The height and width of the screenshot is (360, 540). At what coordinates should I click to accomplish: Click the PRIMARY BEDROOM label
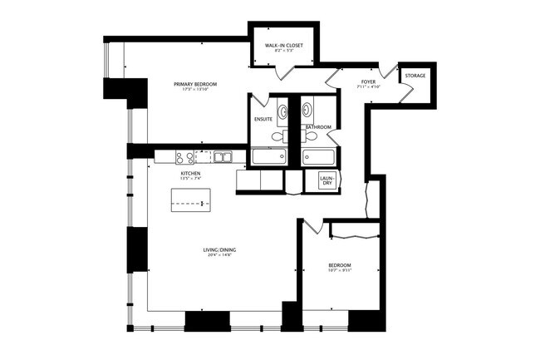click(196, 84)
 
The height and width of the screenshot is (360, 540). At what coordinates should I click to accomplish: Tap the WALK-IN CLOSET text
click(283, 47)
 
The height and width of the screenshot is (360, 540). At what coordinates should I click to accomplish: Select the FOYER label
click(367, 81)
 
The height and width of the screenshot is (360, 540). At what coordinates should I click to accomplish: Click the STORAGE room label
click(415, 76)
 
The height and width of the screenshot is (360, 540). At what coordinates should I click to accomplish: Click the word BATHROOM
click(318, 127)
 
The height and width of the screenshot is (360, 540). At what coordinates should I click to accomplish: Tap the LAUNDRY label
click(326, 180)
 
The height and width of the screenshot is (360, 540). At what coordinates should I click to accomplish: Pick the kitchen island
click(191, 201)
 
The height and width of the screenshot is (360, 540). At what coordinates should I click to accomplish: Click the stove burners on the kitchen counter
click(184, 156)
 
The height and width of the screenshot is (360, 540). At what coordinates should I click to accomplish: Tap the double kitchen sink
click(222, 156)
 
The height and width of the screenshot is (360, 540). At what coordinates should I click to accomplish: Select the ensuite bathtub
click(268, 157)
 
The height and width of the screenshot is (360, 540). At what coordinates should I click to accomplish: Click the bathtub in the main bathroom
click(319, 157)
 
